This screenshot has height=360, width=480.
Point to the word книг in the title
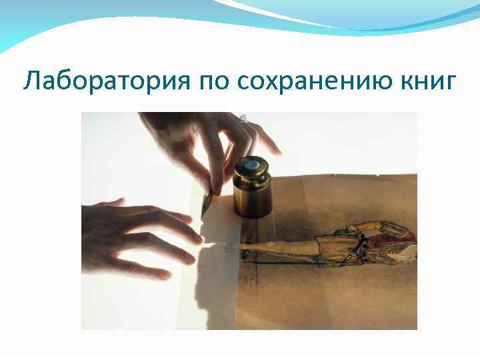[x=427, y=81]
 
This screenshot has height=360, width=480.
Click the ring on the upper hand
[x=243, y=119]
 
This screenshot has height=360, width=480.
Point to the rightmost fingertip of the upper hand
[x=276, y=150]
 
